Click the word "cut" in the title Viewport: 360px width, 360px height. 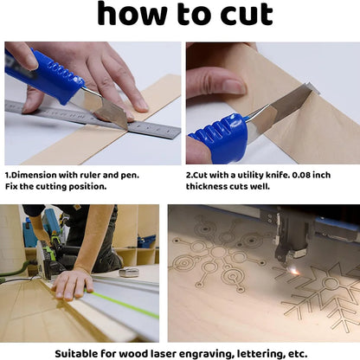click(247, 15)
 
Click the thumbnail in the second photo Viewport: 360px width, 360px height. click(234, 86)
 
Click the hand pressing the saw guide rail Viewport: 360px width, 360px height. click(73, 283)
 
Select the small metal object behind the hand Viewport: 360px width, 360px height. click(129, 272)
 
